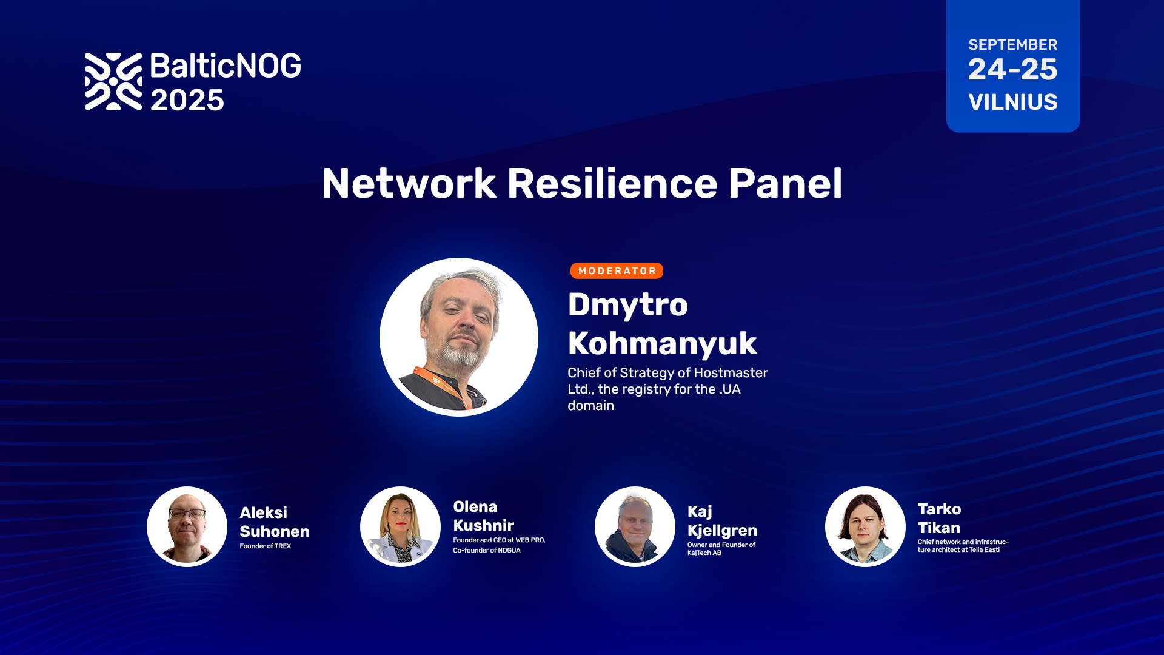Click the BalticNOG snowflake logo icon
pos(113,81)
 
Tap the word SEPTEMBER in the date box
pos(1012,45)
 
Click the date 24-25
pos(1012,69)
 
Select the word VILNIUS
pos(1013,102)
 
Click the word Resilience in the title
pos(612,183)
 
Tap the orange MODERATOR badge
pos(617,270)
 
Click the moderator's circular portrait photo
pos(459,337)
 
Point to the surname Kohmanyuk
pos(662,344)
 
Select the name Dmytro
pos(627,304)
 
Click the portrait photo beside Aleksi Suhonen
pos(187,526)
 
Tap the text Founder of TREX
pos(265,546)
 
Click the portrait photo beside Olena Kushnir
pos(400,526)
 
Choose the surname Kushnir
pos(483,525)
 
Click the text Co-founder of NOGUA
pos(486,550)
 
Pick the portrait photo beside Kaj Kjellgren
pos(635,526)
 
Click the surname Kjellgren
pos(722,531)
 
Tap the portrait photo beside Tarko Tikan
pos(865,526)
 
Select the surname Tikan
pos(938,528)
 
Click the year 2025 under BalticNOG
pos(187,100)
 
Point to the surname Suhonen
pos(274,531)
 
